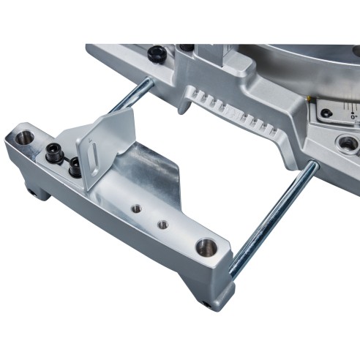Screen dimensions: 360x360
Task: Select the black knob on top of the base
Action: [156, 54]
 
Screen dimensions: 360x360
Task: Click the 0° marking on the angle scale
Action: [353, 116]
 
